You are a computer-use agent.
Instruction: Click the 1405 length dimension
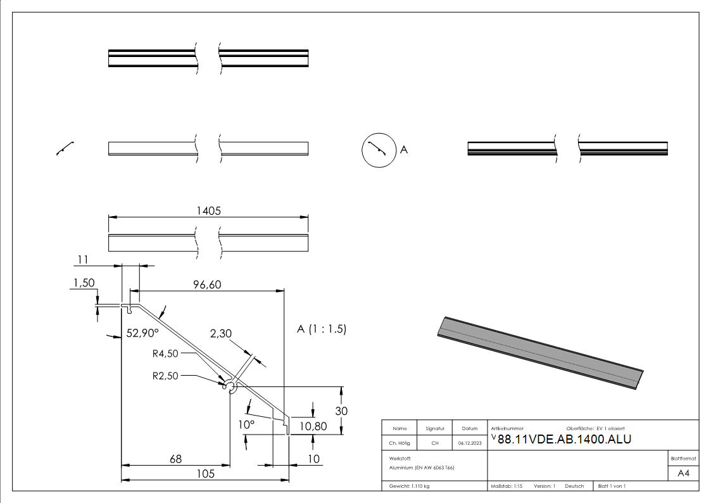tap(208, 211)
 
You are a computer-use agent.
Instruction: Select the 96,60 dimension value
tap(207, 285)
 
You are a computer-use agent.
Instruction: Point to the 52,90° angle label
tap(142, 333)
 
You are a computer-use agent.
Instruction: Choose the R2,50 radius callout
tap(166, 375)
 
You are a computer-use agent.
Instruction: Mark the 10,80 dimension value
tap(313, 426)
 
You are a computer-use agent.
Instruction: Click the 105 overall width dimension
tap(204, 473)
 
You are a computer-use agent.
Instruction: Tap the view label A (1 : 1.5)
tap(321, 329)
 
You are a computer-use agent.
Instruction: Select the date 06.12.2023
tap(469, 443)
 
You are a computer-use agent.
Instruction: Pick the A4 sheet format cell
tap(684, 473)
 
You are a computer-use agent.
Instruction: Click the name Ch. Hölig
tap(400, 443)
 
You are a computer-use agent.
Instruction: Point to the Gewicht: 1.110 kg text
tap(410, 486)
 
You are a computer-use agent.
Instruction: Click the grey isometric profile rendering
tap(539, 352)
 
